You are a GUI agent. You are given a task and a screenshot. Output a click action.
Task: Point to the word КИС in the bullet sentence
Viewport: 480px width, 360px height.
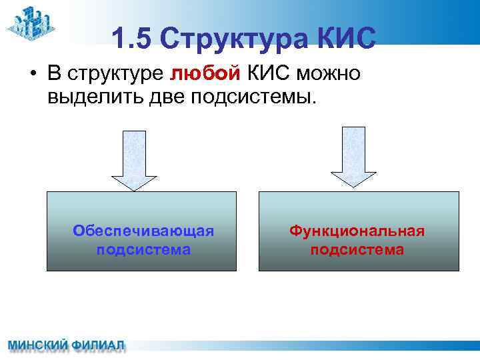point(266,73)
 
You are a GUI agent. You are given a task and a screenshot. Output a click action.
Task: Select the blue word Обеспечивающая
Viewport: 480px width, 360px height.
point(143,231)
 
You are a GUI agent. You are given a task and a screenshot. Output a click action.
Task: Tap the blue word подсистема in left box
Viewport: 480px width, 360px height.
point(143,250)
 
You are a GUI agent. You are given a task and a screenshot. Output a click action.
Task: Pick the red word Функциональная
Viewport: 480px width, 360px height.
point(357,231)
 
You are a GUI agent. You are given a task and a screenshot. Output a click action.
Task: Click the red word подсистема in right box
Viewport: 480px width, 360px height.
point(357,250)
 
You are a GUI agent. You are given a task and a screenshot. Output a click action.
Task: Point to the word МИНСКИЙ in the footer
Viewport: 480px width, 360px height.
point(37,347)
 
